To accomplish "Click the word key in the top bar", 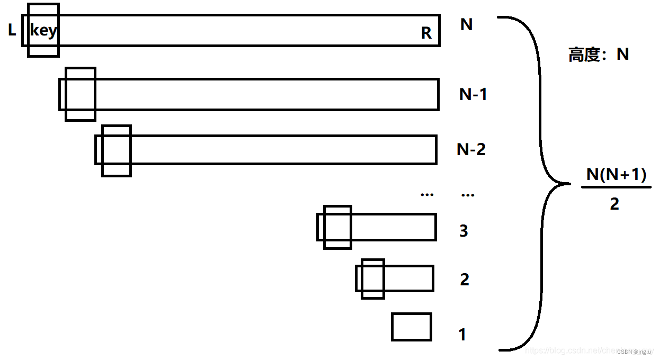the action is click(43, 31).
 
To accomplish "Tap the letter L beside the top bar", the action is click(12, 31).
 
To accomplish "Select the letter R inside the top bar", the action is click(426, 33).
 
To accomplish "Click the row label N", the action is click(466, 24).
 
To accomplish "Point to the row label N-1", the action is click(473, 94).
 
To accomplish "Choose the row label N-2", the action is click(471, 149).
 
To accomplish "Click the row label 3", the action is click(464, 231).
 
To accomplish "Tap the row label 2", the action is click(465, 279).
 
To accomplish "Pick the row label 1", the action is click(462, 335).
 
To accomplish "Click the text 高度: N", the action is click(599, 55).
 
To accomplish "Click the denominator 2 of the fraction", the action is click(615, 204).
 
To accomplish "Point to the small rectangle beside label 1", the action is click(412, 327).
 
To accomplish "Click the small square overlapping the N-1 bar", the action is click(81, 94).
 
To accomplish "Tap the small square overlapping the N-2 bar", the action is click(116, 151).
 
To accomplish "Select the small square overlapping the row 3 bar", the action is click(337, 227).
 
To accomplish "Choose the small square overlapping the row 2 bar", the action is click(373, 279).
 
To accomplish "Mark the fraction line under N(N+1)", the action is click(616, 186).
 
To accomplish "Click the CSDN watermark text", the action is click(636, 352).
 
